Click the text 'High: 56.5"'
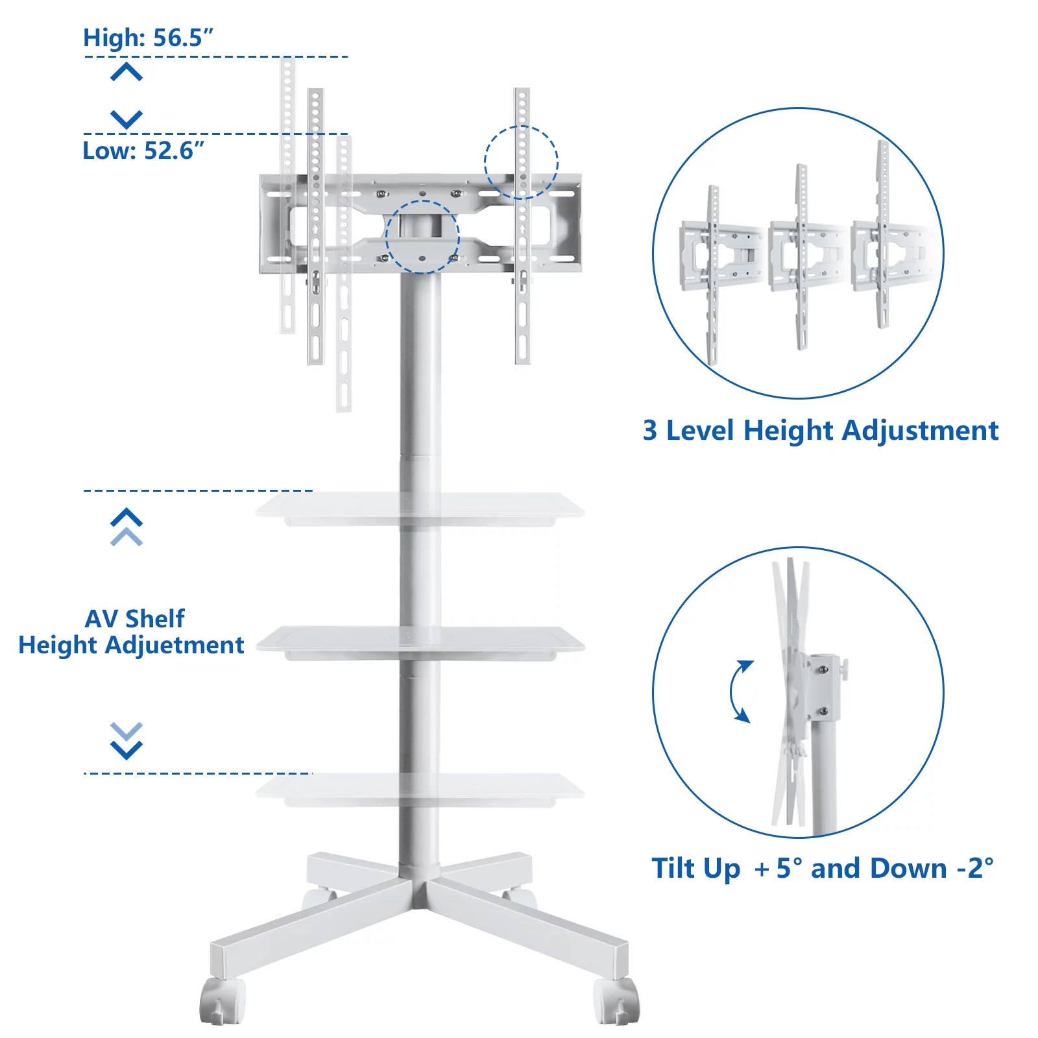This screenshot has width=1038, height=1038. (x=148, y=38)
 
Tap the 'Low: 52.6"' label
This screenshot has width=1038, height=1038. (x=143, y=151)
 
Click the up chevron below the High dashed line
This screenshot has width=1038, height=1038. (x=127, y=71)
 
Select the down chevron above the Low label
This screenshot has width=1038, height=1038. (x=127, y=119)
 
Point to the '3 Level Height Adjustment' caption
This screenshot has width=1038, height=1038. (x=821, y=431)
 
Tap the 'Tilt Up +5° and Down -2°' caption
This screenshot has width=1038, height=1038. (x=823, y=868)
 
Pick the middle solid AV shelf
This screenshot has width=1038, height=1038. (x=420, y=643)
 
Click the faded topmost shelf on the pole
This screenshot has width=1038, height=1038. (x=420, y=509)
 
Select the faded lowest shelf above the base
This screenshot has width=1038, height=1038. (x=420, y=790)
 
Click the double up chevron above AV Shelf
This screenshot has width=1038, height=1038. (x=127, y=527)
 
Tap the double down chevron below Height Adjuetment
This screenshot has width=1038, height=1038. (x=127, y=741)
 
